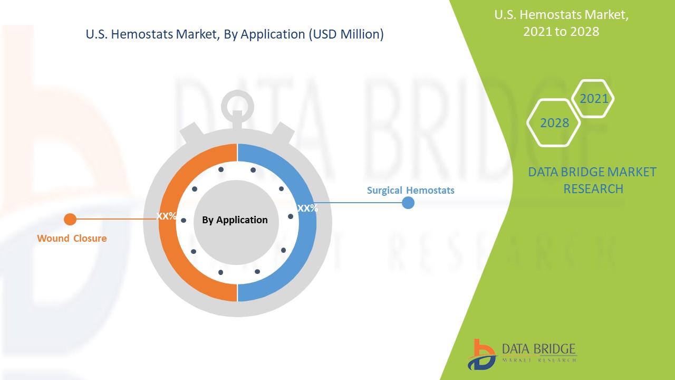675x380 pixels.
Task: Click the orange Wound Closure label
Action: [72, 238]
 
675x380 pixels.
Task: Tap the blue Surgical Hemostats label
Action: [410, 191]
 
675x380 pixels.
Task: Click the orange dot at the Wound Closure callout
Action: [70, 219]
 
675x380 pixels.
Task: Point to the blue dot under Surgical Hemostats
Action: [408, 203]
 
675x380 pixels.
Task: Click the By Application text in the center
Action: [235, 220]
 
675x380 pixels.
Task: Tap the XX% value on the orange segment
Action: [166, 216]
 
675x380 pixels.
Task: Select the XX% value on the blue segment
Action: [307, 208]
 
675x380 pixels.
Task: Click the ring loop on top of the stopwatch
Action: [237, 94]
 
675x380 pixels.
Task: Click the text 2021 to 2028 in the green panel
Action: [562, 31]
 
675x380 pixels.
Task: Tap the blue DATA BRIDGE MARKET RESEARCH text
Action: [592, 180]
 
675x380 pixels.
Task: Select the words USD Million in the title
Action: [347, 34]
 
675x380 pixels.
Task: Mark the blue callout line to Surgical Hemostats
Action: [358, 202]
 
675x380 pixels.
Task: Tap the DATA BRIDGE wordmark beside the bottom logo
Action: [539, 349]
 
